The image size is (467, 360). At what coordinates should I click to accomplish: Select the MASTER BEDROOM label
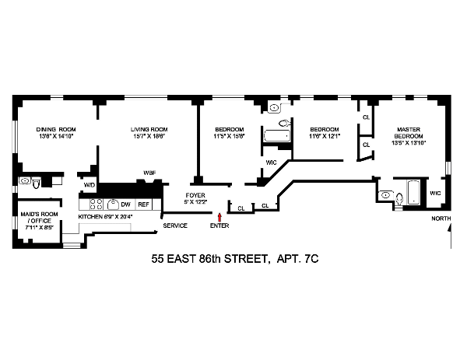click(x=409, y=134)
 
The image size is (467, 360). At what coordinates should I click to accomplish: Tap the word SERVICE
click(x=174, y=225)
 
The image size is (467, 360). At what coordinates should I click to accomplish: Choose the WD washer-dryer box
click(x=89, y=186)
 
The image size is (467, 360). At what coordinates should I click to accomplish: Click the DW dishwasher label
click(x=125, y=204)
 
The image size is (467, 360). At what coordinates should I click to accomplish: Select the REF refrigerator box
click(x=143, y=204)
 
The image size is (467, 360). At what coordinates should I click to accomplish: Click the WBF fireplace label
click(x=149, y=172)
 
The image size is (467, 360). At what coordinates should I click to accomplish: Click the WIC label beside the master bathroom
click(x=435, y=192)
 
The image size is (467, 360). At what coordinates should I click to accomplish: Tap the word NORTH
click(x=441, y=219)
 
